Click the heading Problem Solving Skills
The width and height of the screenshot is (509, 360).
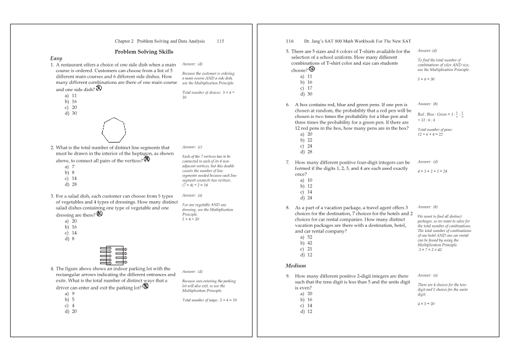tap(144, 51)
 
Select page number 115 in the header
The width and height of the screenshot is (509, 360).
tap(220, 41)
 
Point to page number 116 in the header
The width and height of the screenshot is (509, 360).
tap(290, 41)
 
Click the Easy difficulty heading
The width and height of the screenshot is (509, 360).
tap(56, 58)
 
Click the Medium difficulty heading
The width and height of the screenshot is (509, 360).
tap(296, 266)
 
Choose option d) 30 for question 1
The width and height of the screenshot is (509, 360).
tap(71, 113)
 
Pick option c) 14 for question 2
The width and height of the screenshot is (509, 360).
tap(71, 178)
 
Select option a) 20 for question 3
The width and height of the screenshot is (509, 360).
tap(71, 221)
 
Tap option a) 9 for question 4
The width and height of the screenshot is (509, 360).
tap(70, 293)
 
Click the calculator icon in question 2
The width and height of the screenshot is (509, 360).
tap(147, 159)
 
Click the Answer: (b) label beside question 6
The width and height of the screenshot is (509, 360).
tap(428, 104)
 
